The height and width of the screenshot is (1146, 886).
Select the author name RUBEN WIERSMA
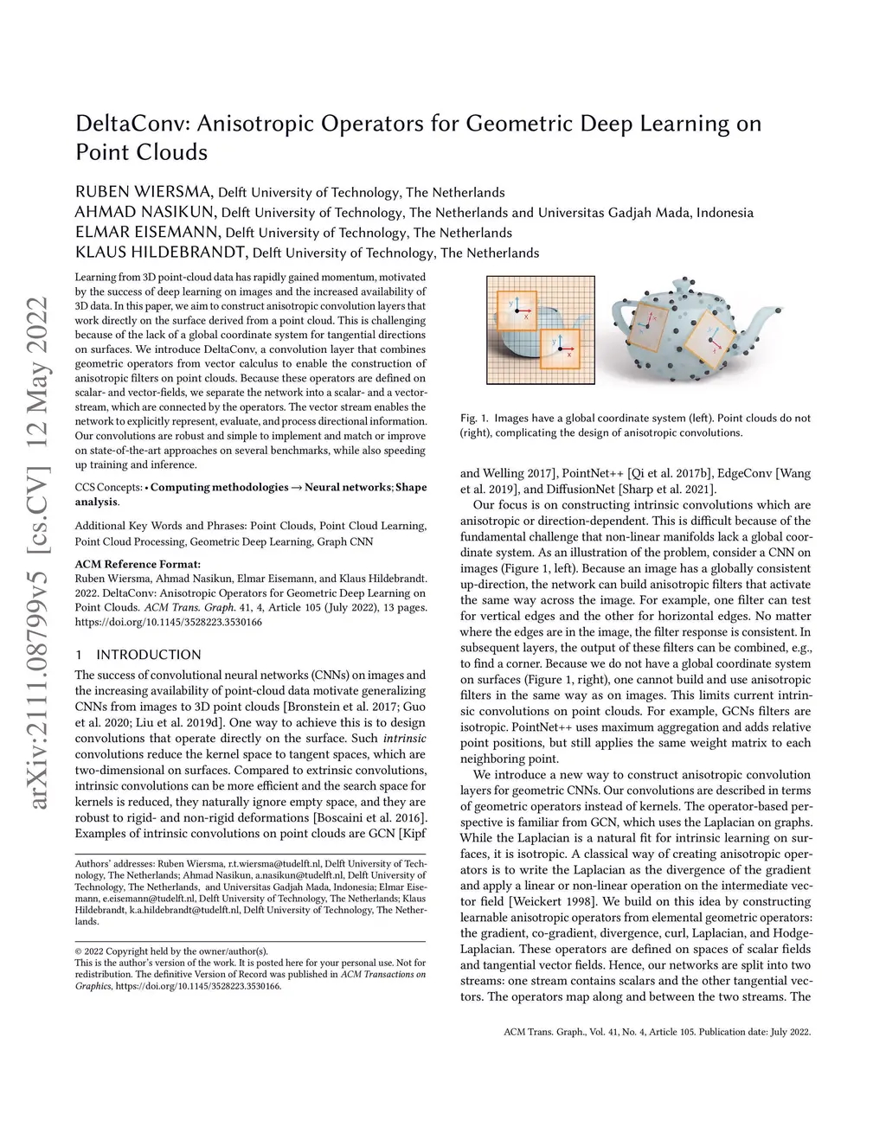[x=144, y=192]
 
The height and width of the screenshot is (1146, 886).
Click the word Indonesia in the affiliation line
[x=725, y=213]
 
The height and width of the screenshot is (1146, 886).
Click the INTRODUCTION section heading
[x=148, y=655]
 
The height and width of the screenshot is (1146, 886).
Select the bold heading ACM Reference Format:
[x=138, y=564]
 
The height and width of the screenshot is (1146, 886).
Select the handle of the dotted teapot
[x=622, y=316]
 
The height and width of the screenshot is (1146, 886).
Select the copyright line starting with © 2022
[x=171, y=951]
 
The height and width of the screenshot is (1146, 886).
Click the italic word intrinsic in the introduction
[x=404, y=739]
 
